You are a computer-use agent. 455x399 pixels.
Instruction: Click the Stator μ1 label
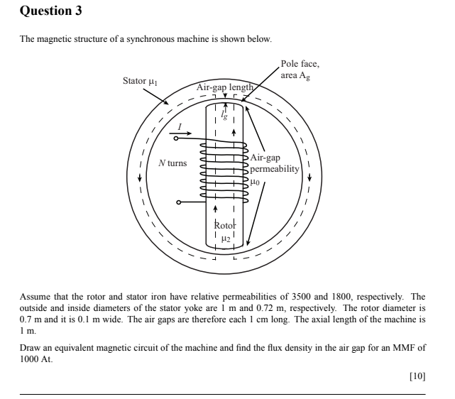[x=139, y=80]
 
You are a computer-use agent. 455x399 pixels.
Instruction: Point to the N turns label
[x=172, y=163]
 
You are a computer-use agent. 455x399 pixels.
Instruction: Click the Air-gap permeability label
[x=276, y=164]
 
